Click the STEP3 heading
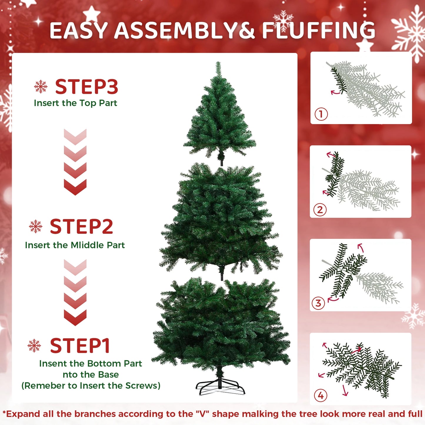pyautogui.click(x=86, y=87)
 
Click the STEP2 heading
pyautogui.click(x=81, y=227)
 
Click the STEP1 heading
pyautogui.click(x=80, y=346)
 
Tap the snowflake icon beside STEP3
pyautogui.click(x=41, y=86)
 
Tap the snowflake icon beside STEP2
pyautogui.click(x=36, y=226)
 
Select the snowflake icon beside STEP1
pyautogui.click(x=34, y=345)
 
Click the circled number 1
pyautogui.click(x=321, y=114)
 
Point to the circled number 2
pyautogui.click(x=320, y=210)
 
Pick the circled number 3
pyautogui.click(x=318, y=303)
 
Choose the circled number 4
pyautogui.click(x=321, y=395)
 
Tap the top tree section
pyautogui.click(x=219, y=118)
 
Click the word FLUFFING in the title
pyautogui.click(x=319, y=31)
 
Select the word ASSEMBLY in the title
pyautogui.click(x=176, y=31)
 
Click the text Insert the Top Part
pyautogui.click(x=75, y=103)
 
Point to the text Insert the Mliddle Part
pyautogui.click(x=75, y=245)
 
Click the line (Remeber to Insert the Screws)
pyautogui.click(x=91, y=386)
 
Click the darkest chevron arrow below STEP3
pyautogui.click(x=75, y=187)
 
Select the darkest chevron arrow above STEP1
pyautogui.click(x=75, y=317)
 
